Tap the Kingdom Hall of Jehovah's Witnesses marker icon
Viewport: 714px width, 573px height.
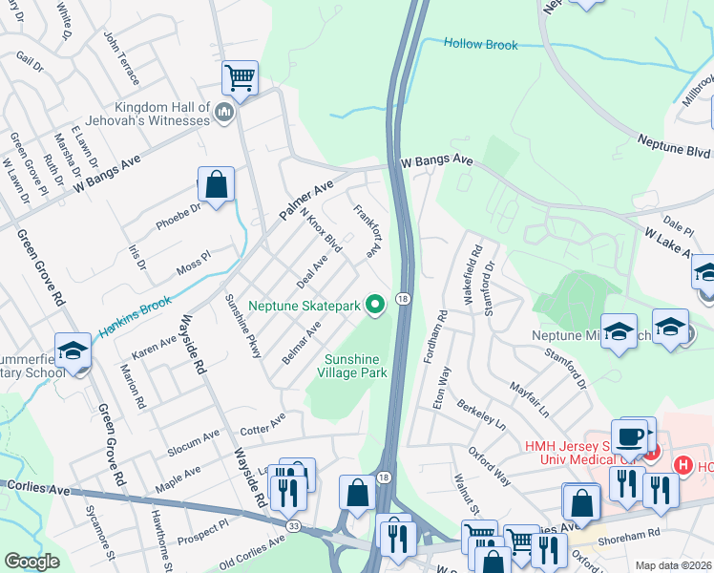[224, 114]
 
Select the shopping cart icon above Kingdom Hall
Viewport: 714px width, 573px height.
[239, 76]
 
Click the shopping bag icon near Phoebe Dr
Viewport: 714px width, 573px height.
[217, 183]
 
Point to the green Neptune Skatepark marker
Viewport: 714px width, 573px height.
[375, 306]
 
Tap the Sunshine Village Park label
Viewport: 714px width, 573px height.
[356, 366]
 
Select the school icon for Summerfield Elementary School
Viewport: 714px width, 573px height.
[73, 350]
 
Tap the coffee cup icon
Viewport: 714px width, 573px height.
[629, 435]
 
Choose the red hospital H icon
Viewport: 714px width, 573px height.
[682, 466]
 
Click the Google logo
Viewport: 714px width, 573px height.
[32, 562]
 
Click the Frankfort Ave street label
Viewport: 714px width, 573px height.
[367, 229]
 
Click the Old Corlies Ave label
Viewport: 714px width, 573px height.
[251, 548]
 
